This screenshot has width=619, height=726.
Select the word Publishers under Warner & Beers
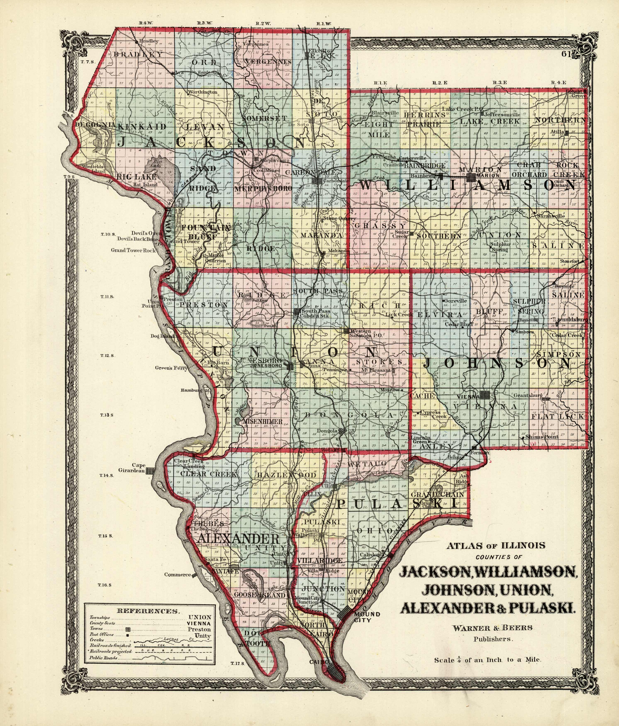click(x=493, y=639)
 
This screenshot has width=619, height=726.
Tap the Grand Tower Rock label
click(x=133, y=250)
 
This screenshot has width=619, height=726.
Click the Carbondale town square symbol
click(x=317, y=180)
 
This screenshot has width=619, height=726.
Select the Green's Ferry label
click(x=172, y=368)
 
